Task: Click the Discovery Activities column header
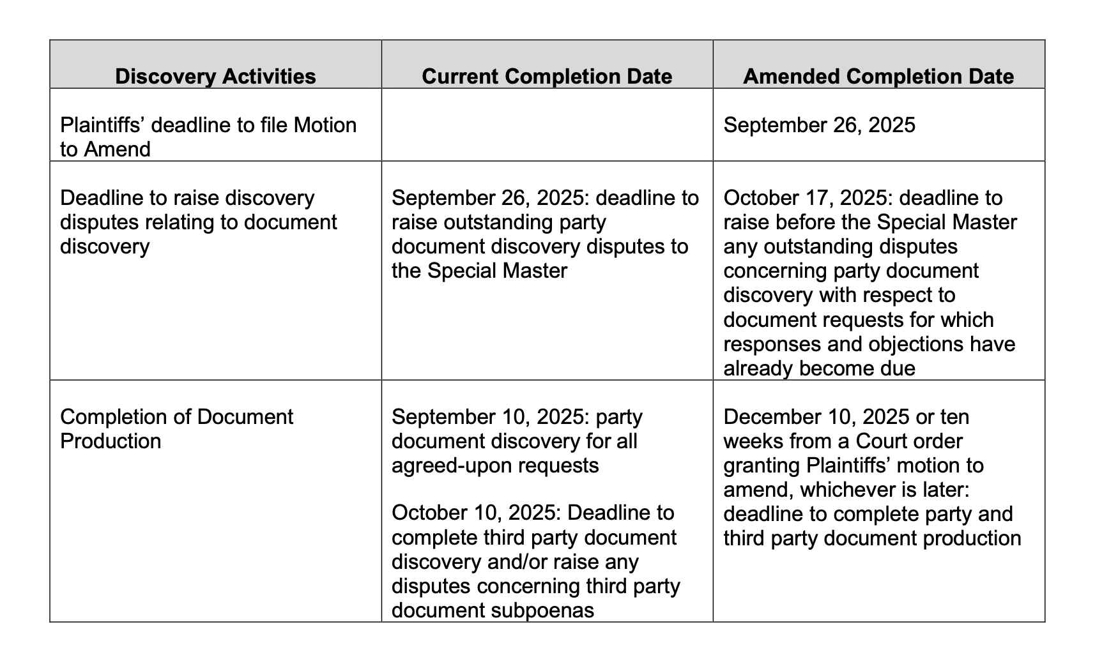215,77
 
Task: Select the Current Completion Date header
547,77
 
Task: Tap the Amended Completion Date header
878,77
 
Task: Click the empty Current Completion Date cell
547,125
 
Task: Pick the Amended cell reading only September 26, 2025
819,125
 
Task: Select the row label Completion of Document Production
176,428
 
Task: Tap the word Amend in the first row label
119,149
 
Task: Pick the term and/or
522,562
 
